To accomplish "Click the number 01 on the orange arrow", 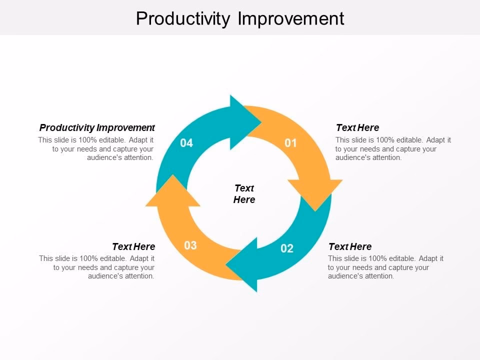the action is [x=290, y=143].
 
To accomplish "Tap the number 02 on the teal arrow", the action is [x=287, y=248].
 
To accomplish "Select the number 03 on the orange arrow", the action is [x=190, y=245].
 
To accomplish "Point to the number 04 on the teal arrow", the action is [x=186, y=143].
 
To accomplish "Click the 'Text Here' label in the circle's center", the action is [x=244, y=194].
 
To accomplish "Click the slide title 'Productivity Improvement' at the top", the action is [x=240, y=18].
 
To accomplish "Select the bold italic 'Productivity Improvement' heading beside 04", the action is [x=97, y=127].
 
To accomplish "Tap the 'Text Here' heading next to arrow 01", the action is [x=357, y=127].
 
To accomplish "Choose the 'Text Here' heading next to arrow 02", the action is [x=350, y=246].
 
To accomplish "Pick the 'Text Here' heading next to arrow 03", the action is [x=133, y=246].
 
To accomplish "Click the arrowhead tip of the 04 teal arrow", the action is [x=261, y=123].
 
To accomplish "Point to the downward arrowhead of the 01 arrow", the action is [x=315, y=195].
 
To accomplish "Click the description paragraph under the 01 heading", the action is [x=393, y=149].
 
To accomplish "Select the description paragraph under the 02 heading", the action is [x=385, y=267].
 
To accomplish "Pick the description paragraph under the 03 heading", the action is [x=96, y=267].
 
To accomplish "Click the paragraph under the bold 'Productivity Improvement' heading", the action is [x=96, y=149].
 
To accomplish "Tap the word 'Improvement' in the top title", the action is [x=291, y=18].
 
